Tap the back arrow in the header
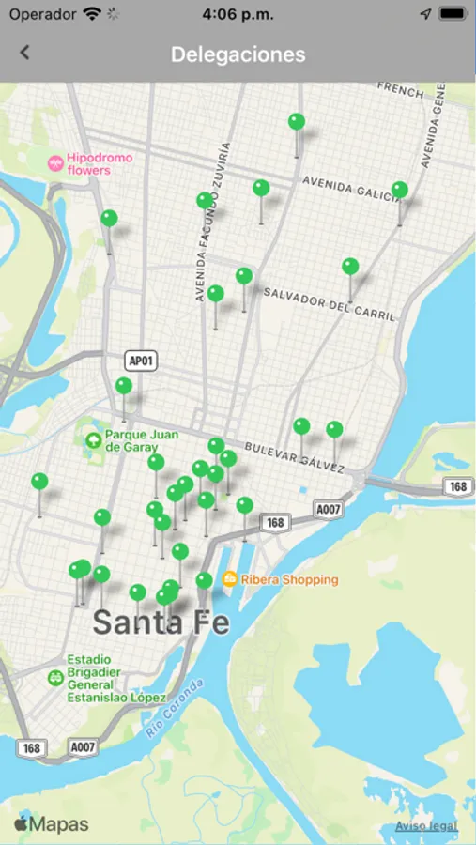[24, 54]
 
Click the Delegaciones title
[238, 54]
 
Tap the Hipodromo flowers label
[100, 164]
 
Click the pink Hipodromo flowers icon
[55, 163]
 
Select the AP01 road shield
[138, 361]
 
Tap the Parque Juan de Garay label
[141, 441]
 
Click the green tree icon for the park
[93, 440]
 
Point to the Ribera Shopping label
[289, 579]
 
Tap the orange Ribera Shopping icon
[229, 579]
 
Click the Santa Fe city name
[161, 622]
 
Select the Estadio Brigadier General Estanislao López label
[115, 679]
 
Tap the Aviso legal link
[426, 826]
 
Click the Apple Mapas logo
[52, 824]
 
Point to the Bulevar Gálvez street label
[294, 456]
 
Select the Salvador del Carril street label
[329, 304]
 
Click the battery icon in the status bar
[452, 14]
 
